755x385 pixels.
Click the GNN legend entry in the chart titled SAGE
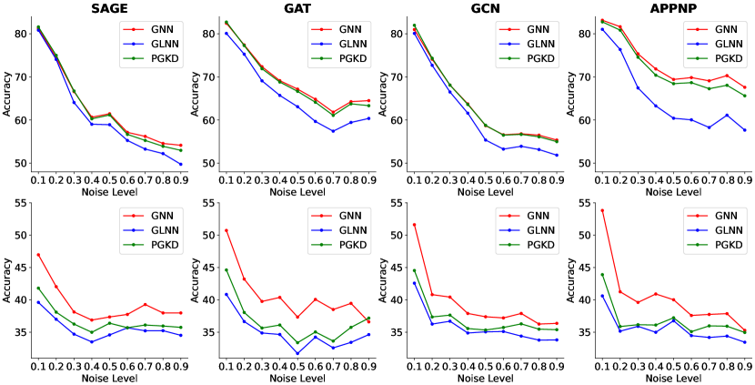click(x=160, y=27)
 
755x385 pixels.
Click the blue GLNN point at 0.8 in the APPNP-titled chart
click(x=726, y=115)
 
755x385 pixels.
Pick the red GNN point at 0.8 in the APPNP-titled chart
click(x=726, y=76)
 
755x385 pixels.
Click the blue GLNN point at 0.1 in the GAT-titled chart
click(x=226, y=34)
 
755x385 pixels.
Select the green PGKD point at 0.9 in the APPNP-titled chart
click(x=743, y=96)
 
